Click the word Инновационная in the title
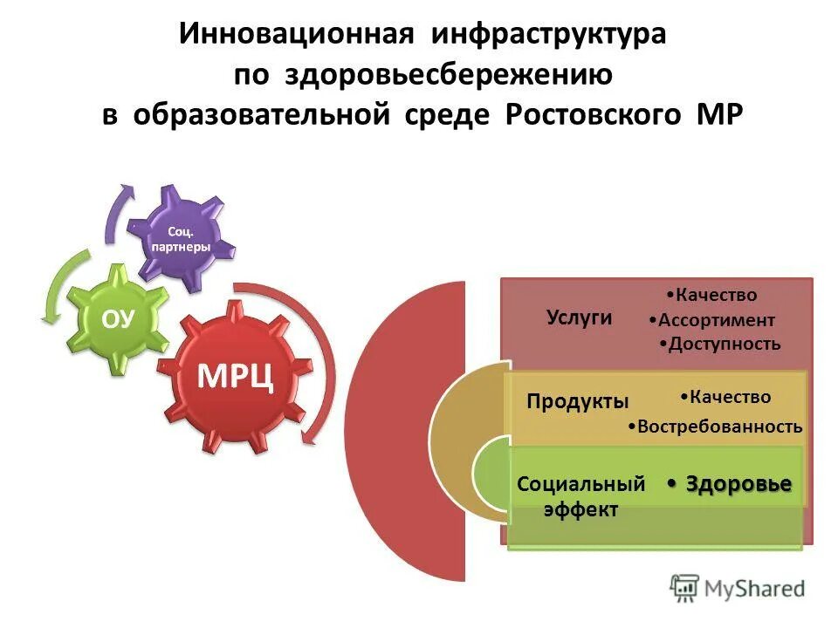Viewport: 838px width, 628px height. [296, 35]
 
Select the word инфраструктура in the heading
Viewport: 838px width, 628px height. [546, 35]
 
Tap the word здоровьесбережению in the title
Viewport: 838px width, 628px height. [447, 75]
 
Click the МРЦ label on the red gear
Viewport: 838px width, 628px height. [236, 375]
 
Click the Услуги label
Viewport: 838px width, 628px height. [579, 317]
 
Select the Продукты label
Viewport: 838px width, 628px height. [578, 401]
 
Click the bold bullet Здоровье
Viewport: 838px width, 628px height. [738, 484]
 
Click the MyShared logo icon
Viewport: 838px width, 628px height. [685, 589]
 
